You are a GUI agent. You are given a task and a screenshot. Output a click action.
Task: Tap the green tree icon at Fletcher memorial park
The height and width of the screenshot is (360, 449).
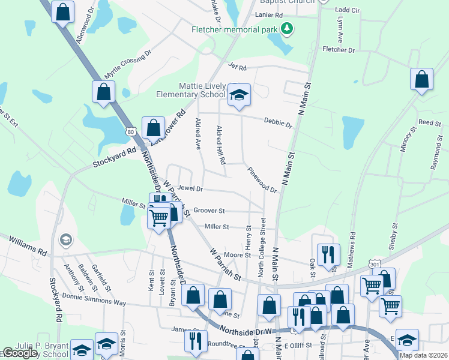tap(288, 29)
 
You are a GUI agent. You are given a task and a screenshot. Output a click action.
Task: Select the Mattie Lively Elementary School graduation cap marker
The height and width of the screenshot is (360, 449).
tap(239, 94)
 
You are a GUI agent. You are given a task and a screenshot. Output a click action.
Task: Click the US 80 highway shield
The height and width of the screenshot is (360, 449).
tap(131, 130)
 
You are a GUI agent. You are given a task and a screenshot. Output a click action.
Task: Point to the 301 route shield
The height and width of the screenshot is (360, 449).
tap(375, 264)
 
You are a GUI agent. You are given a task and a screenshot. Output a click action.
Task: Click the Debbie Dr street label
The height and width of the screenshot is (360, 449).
tap(277, 123)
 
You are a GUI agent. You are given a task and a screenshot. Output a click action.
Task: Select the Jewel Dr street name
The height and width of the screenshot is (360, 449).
tap(190, 188)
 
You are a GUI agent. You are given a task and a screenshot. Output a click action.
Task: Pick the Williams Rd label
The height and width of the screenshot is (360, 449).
tap(27, 246)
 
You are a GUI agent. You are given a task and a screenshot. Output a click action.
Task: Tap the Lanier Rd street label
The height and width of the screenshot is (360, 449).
tap(268, 14)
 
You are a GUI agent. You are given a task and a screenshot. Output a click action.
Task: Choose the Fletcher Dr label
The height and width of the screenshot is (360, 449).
tap(339, 50)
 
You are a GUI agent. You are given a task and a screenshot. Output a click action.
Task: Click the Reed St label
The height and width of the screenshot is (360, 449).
tap(429, 122)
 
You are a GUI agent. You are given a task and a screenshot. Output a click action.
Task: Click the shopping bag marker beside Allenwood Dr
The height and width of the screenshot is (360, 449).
tap(62, 12)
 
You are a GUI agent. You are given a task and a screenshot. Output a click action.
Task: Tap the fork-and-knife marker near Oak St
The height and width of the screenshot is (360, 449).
tap(328, 254)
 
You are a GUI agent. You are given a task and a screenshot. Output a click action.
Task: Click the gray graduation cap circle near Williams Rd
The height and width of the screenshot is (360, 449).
tap(65, 241)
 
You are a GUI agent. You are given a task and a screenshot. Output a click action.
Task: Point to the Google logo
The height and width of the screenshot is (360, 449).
tap(20, 353)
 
